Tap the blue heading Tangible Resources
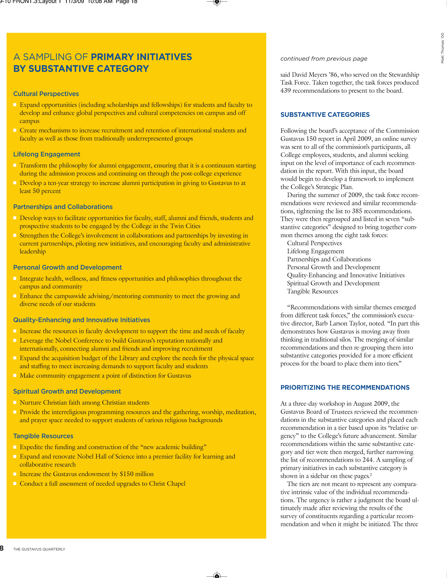click(x=43, y=436)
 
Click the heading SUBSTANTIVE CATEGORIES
click(x=325, y=115)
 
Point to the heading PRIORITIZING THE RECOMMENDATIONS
click(x=345, y=387)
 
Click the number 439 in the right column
click(x=285, y=91)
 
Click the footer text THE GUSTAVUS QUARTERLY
click(x=39, y=549)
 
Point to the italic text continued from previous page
click(x=324, y=59)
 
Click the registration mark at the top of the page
click(x=217, y=2)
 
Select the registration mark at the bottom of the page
click(x=217, y=576)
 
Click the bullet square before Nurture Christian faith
click(x=15, y=402)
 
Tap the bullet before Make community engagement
click(x=15, y=375)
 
